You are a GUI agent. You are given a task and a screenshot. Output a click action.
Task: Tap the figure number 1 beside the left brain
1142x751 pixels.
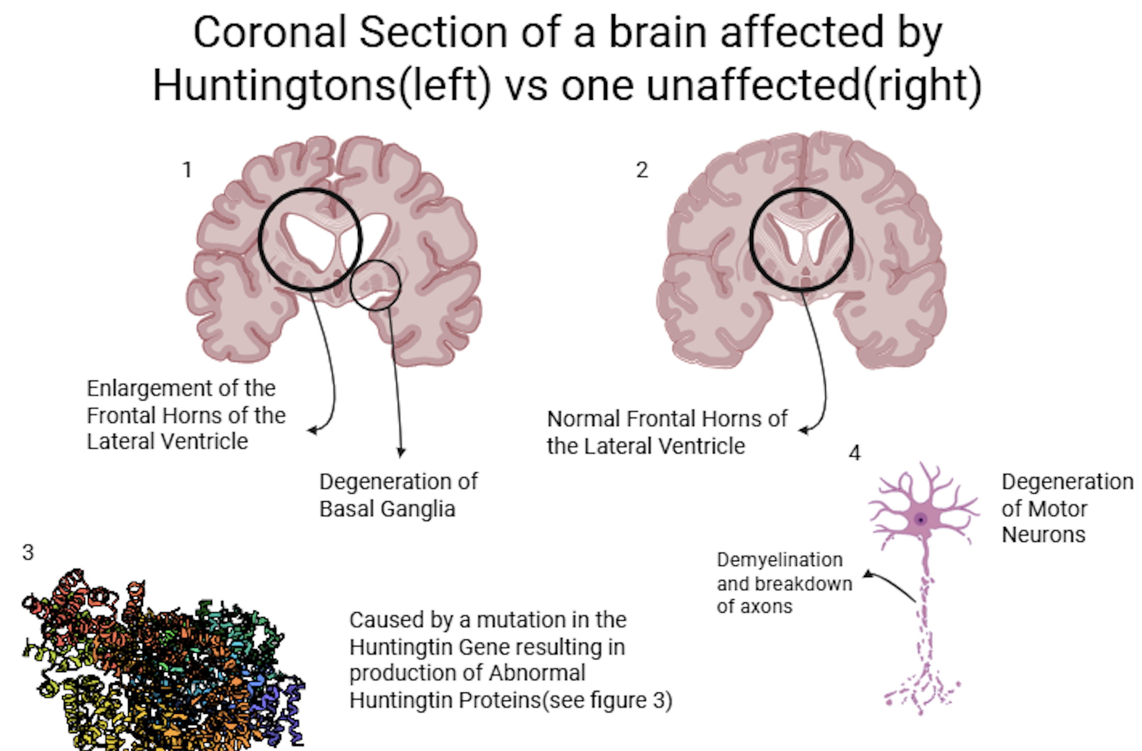(187, 170)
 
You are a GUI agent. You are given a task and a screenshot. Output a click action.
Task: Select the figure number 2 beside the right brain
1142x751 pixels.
(642, 170)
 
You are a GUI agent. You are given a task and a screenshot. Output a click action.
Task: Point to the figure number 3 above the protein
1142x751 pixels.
(28, 552)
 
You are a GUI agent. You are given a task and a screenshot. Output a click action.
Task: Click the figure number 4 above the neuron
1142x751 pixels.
(855, 453)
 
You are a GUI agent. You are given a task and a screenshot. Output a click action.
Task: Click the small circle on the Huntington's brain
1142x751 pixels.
(375, 261)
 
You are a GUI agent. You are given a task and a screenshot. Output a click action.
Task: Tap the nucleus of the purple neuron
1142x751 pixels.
(920, 519)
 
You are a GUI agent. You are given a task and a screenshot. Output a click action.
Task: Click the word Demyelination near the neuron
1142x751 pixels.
(779, 560)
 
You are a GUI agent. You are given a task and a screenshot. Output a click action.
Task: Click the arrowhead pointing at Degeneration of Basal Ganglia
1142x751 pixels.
(401, 452)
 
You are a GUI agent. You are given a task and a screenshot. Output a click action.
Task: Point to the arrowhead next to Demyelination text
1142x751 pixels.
(868, 574)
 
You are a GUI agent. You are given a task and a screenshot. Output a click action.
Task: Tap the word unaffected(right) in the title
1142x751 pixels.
(814, 85)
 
